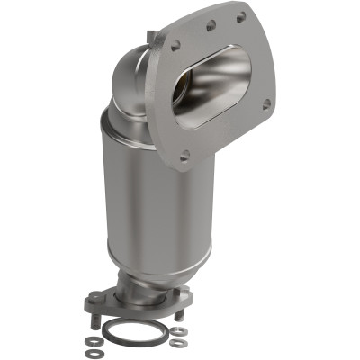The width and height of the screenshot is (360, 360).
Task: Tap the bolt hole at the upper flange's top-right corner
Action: click(x=241, y=17)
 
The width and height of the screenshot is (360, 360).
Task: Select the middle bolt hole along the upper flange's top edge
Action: click(x=210, y=28)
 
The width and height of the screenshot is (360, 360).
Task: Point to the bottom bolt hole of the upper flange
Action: click(x=184, y=156)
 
